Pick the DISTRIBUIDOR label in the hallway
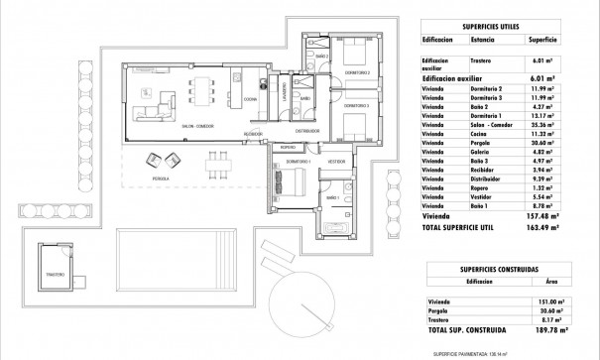(x=310, y=130)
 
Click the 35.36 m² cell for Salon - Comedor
(x=541, y=126)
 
